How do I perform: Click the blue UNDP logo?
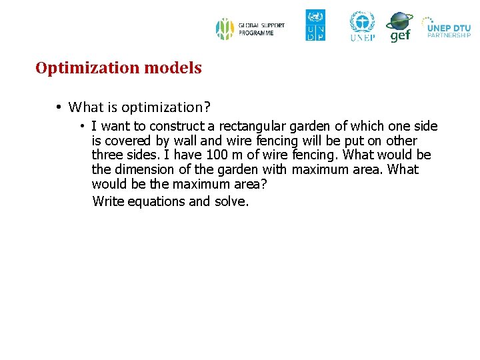click(315, 25)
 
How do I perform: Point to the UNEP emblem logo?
click(362, 26)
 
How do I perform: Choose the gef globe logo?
click(400, 27)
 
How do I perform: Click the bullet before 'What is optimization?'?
click(59, 107)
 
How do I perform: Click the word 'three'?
click(107, 155)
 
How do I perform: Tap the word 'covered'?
click(127, 141)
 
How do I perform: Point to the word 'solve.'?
click(231, 201)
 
